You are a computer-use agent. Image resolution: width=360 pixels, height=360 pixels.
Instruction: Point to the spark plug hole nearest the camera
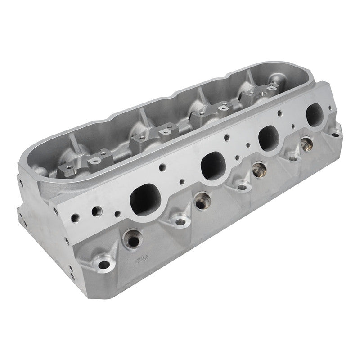pyautogui.click(x=132, y=239)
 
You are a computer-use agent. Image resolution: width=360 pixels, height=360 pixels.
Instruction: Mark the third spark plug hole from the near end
pyautogui.click(x=258, y=170)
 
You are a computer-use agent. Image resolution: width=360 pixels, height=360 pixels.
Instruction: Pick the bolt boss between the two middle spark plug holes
pyautogui.click(x=242, y=185)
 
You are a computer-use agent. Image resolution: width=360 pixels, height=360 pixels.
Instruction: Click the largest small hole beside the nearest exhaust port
pyautogui.click(x=96, y=211)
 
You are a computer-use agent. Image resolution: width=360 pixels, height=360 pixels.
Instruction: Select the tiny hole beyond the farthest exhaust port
pyautogui.click(x=331, y=108)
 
